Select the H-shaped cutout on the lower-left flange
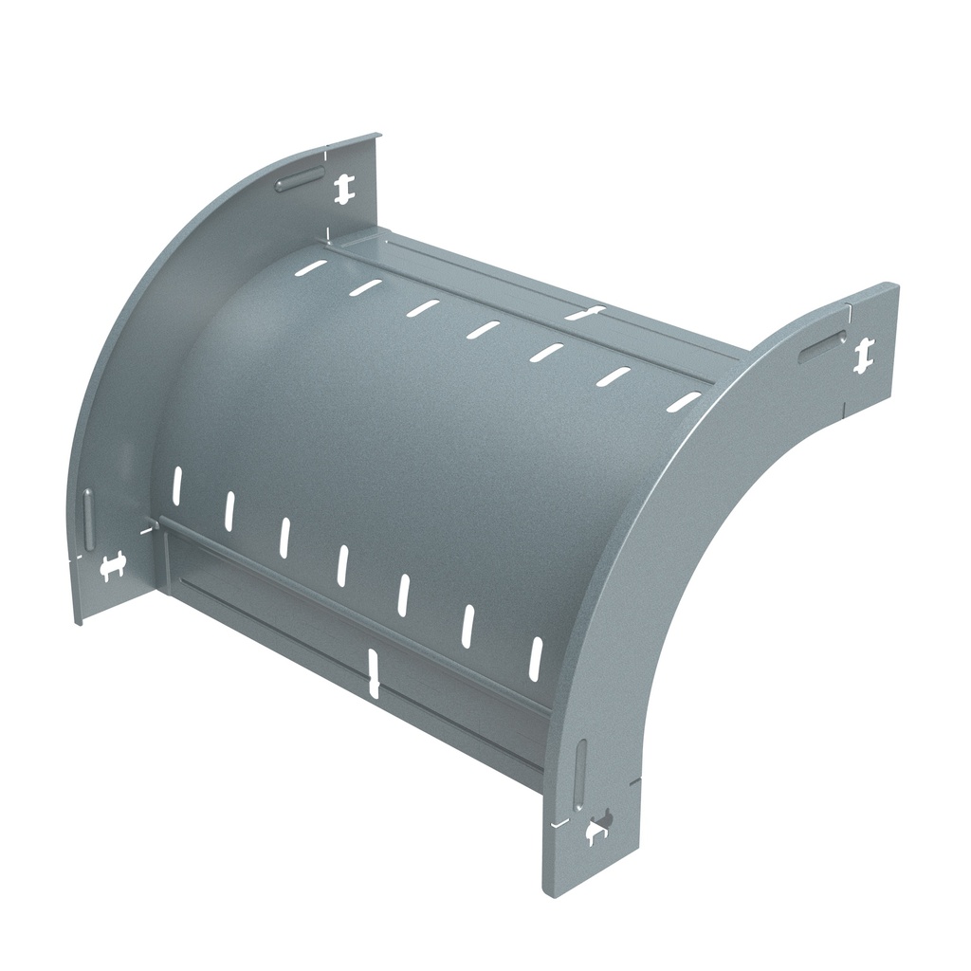[x=113, y=566]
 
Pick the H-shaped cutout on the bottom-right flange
[x=597, y=830]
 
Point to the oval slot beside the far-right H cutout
[x=821, y=348]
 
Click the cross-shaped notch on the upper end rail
[x=585, y=313]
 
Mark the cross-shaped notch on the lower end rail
[x=374, y=674]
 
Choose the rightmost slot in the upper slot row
[x=683, y=402]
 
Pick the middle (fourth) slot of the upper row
[x=484, y=329]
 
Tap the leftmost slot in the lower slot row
[x=176, y=484]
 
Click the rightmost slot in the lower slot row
[x=536, y=656]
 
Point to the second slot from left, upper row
[x=365, y=286]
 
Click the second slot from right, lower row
[x=467, y=626]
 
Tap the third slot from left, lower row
[x=284, y=536]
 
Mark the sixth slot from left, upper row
[x=614, y=376]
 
